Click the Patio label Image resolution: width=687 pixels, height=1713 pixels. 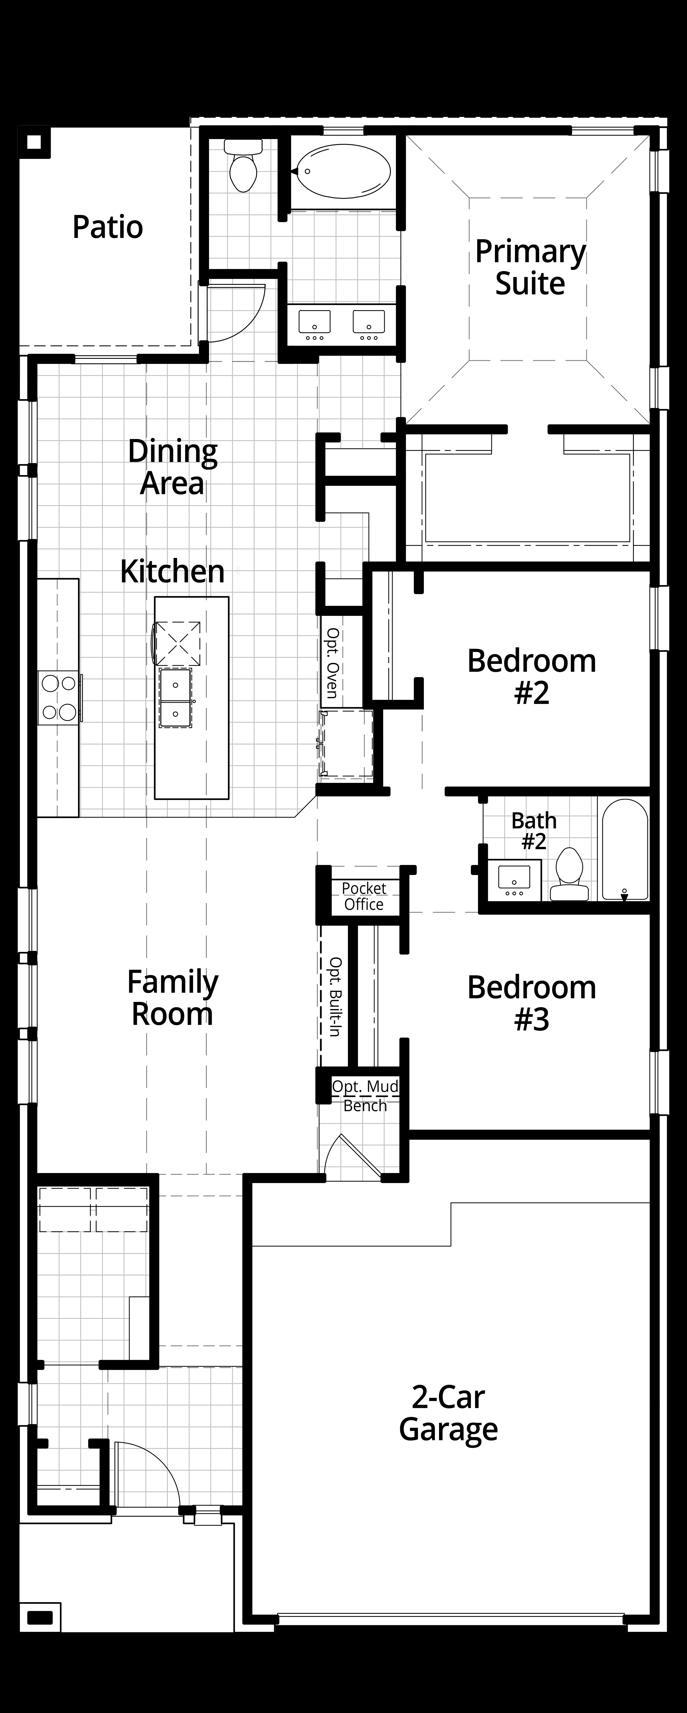point(108,228)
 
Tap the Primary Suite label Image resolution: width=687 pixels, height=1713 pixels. point(530,267)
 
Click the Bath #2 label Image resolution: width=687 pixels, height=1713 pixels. point(533,830)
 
